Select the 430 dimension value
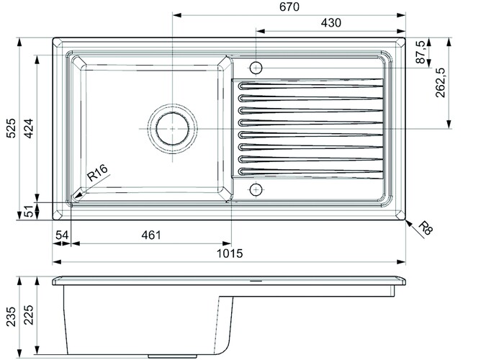click(330, 23)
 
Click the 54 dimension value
click(61, 235)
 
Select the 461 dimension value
click(151, 235)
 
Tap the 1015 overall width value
click(230, 253)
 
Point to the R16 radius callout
click(96, 174)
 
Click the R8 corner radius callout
click(425, 229)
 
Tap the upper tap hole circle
click(255, 68)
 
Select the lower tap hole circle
click(255, 189)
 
